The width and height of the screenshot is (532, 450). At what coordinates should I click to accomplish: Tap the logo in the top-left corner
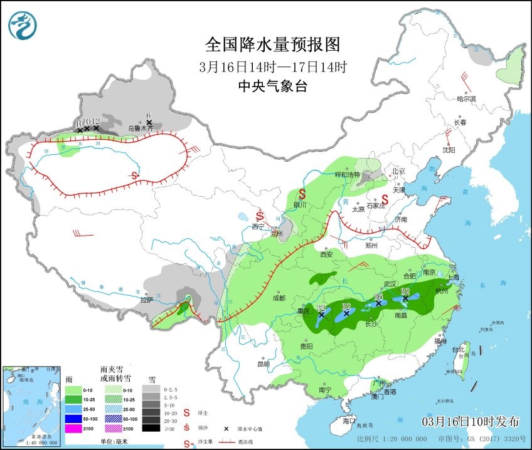[23, 26]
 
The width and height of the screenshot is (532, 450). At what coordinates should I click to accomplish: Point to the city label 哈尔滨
[466, 99]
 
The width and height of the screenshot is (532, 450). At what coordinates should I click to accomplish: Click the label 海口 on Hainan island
[348, 421]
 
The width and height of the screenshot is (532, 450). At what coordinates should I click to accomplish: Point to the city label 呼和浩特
[347, 175]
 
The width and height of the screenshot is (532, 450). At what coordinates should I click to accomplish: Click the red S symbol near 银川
[302, 194]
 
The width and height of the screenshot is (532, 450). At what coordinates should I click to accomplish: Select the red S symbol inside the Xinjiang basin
[135, 175]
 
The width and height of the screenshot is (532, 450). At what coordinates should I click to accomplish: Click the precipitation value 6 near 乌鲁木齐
[149, 115]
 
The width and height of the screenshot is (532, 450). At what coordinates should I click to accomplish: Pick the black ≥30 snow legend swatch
[150, 428]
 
